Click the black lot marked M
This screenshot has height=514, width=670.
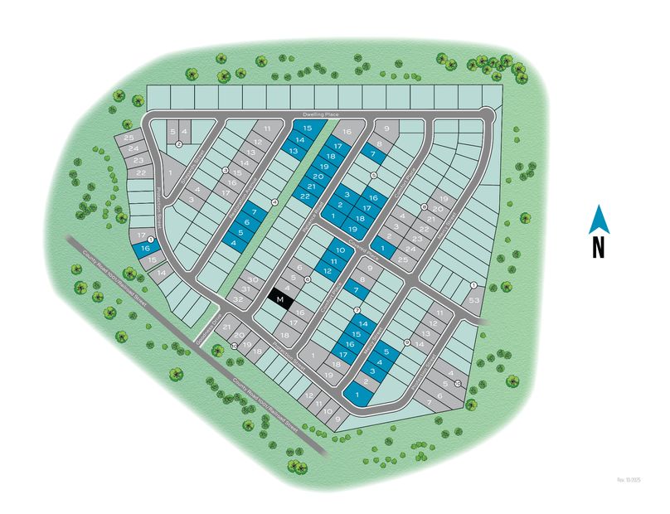(281, 298)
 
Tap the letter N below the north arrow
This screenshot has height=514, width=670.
(598, 248)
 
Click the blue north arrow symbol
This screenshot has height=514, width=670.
(598, 220)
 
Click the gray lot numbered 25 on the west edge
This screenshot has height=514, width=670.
(128, 138)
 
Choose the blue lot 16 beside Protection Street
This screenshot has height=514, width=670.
(146, 248)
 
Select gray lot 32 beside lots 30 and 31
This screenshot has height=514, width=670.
(238, 298)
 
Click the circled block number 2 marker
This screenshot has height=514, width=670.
(179, 144)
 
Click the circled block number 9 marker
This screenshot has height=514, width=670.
(406, 342)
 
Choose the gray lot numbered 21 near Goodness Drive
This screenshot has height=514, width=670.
(226, 327)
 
